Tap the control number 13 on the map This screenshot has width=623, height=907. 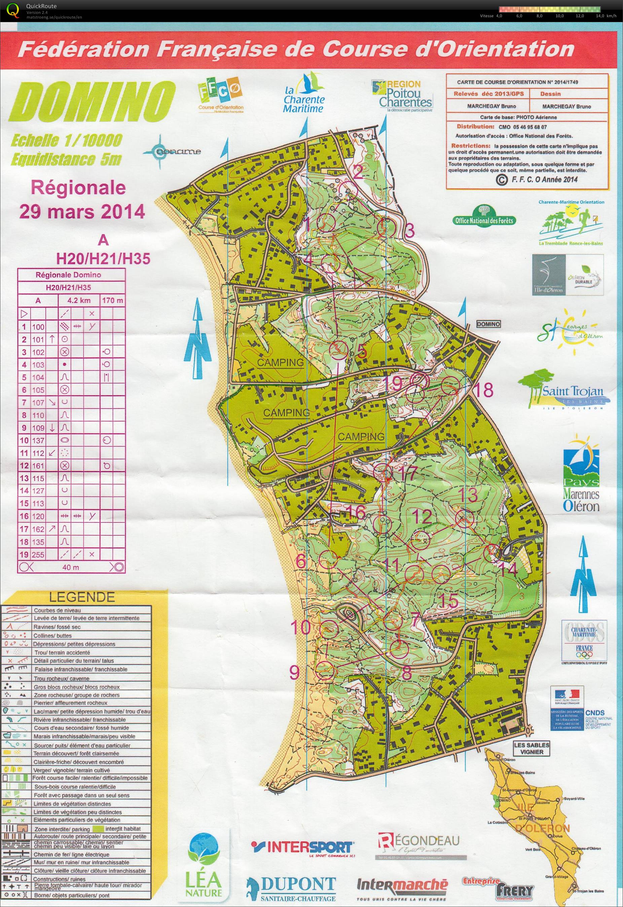[x=468, y=495]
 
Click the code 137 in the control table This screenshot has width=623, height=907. [x=38, y=441]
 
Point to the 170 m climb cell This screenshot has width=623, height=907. [x=112, y=301]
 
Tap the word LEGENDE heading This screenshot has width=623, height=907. [x=82, y=597]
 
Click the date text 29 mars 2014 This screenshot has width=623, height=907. [x=82, y=212]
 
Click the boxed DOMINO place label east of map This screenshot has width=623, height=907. [x=488, y=324]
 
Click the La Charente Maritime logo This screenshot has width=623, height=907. [x=304, y=95]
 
